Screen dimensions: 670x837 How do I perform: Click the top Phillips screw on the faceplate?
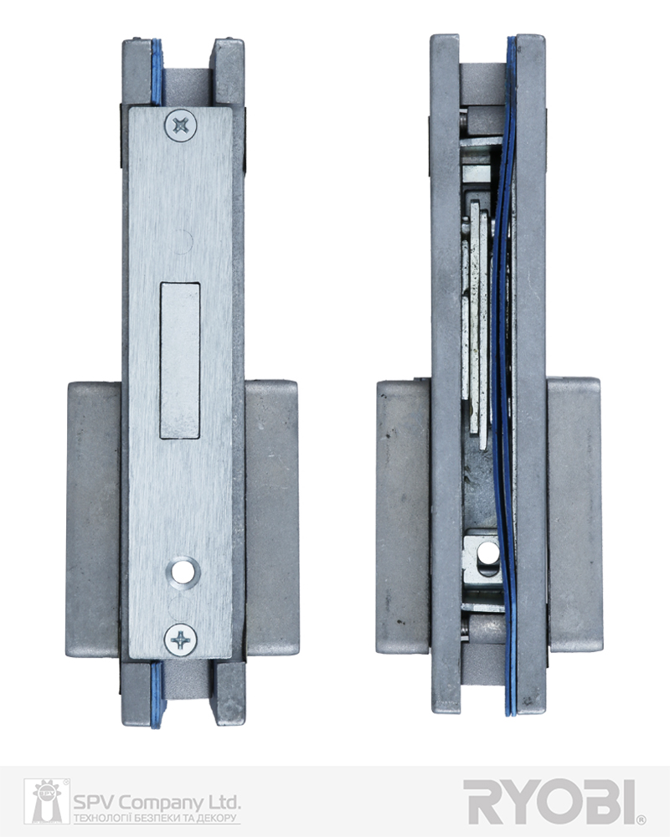(181, 125)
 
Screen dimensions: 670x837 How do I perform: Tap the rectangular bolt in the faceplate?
(180, 361)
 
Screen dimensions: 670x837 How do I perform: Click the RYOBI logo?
(550, 801)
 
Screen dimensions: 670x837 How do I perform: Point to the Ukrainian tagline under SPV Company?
(156, 818)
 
